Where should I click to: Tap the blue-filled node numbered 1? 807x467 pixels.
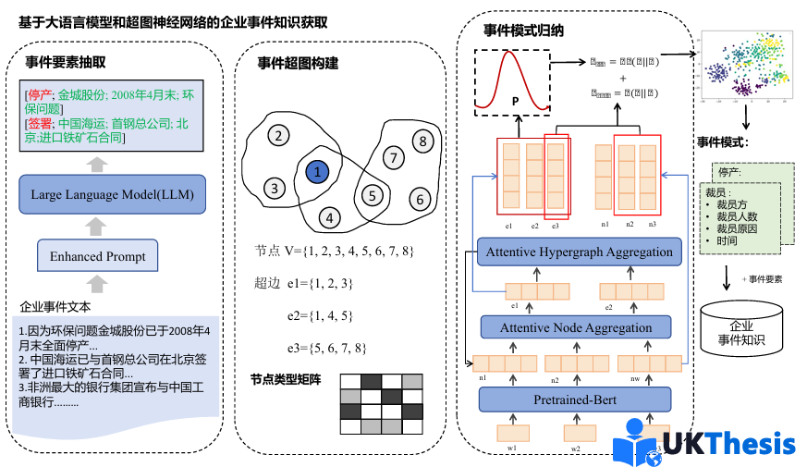click(317, 171)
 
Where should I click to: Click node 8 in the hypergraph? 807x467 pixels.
click(422, 141)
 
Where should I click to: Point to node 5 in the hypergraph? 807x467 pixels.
click(372, 195)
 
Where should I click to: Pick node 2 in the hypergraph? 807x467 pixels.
click(276, 137)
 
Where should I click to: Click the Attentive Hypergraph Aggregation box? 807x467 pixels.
click(580, 252)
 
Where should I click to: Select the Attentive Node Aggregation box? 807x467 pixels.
click(575, 327)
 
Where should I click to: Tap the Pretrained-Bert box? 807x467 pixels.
click(575, 399)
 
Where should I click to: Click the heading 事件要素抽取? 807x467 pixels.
click(66, 63)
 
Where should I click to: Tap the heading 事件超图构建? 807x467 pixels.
click(298, 63)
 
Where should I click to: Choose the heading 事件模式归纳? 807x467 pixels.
click(524, 30)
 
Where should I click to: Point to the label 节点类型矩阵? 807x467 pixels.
click(286, 379)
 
